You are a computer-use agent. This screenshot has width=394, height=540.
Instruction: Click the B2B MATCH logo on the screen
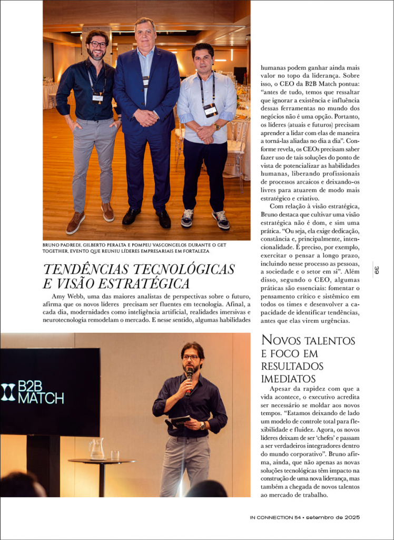tap(33, 391)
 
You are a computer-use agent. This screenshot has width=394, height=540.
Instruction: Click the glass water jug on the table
tap(97, 449)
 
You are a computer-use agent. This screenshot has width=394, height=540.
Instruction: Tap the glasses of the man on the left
tap(97, 44)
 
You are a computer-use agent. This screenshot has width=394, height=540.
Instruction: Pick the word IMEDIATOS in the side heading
tap(288, 379)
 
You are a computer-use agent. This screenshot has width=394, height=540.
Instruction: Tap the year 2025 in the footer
tap(350, 517)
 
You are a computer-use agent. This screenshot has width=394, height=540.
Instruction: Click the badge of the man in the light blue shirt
tap(210, 109)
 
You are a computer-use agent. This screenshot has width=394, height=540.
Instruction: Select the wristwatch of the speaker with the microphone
tap(202, 426)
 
